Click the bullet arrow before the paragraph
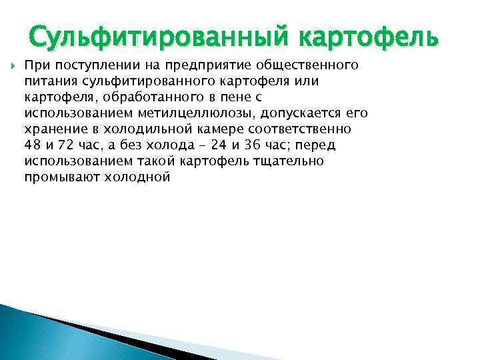(13, 66)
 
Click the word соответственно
(288, 130)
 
